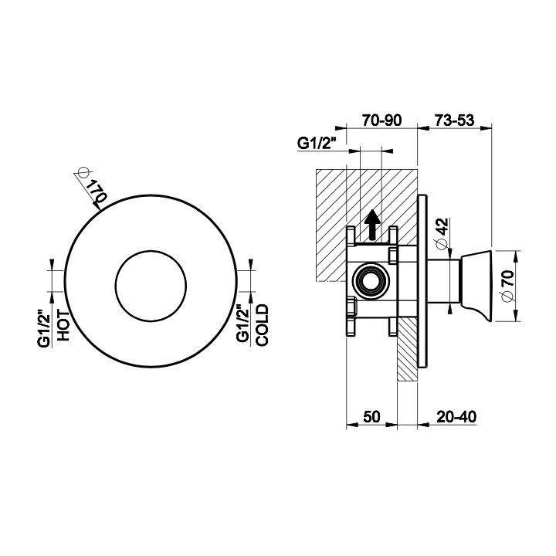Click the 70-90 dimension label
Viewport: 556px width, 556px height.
click(382, 120)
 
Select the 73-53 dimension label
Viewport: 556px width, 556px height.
click(454, 120)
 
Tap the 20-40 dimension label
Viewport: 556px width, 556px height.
click(456, 417)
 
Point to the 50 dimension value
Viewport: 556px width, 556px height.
click(371, 417)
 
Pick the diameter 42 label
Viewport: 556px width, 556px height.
click(442, 234)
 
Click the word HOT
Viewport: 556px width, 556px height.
click(63, 325)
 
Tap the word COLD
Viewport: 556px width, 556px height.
click(262, 325)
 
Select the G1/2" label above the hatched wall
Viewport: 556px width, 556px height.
click(317, 144)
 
